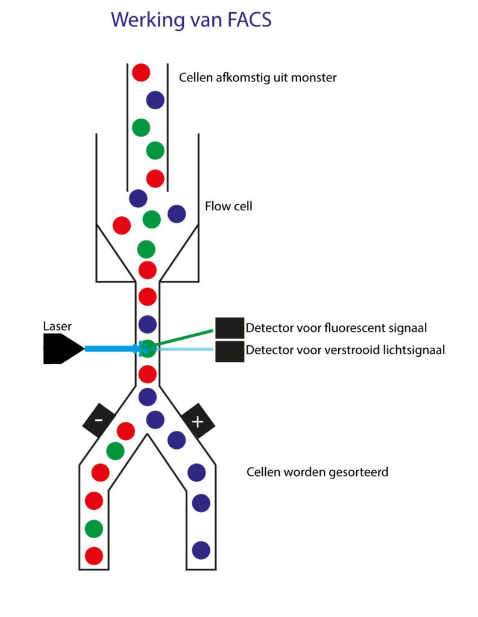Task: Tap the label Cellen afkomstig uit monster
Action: (257, 78)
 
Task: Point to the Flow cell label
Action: (228, 207)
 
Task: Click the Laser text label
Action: (57, 327)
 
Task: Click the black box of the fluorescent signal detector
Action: (230, 328)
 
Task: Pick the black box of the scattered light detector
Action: (230, 351)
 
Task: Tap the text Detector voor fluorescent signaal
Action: (336, 329)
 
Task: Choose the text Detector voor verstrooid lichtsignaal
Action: (345, 350)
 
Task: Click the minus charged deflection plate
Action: (98, 420)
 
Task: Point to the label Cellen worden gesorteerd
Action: (317, 472)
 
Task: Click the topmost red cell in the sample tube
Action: (141, 72)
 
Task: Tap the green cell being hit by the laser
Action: (148, 349)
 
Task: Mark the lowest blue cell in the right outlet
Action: (201, 550)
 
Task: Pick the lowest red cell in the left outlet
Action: (94, 556)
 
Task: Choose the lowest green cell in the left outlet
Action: (94, 528)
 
